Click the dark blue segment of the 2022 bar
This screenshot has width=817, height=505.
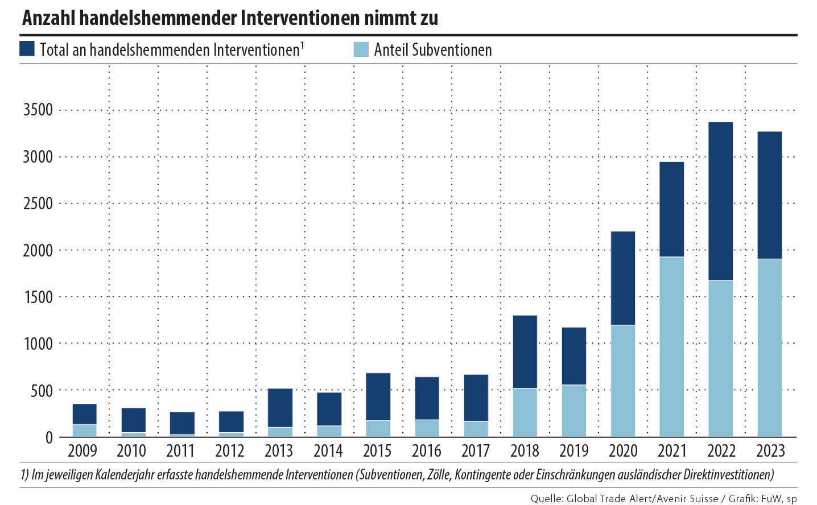tap(720, 201)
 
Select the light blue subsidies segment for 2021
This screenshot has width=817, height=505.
tap(671, 347)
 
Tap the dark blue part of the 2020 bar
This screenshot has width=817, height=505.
tap(622, 278)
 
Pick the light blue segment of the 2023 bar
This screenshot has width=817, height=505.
tap(769, 347)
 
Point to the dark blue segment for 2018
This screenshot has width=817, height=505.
tap(525, 351)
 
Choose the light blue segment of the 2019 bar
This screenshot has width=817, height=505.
tap(573, 411)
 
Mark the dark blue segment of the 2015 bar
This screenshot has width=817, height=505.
tap(378, 396)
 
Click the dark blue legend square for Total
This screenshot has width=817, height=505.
tap(27, 48)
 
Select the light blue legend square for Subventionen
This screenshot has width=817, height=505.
tap(361, 49)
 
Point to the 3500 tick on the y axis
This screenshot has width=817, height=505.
tap(38, 110)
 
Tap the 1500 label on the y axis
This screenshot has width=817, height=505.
tap(38, 297)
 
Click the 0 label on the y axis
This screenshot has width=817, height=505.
tap(49, 437)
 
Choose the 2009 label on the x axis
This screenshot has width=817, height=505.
tap(82, 451)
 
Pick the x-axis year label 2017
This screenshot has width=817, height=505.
tap(475, 451)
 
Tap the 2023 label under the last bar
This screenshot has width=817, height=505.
tap(770, 451)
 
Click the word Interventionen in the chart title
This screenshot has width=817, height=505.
tap(300, 18)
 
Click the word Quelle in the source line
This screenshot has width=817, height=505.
tap(546, 499)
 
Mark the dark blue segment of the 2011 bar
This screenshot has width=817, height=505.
tap(182, 423)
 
